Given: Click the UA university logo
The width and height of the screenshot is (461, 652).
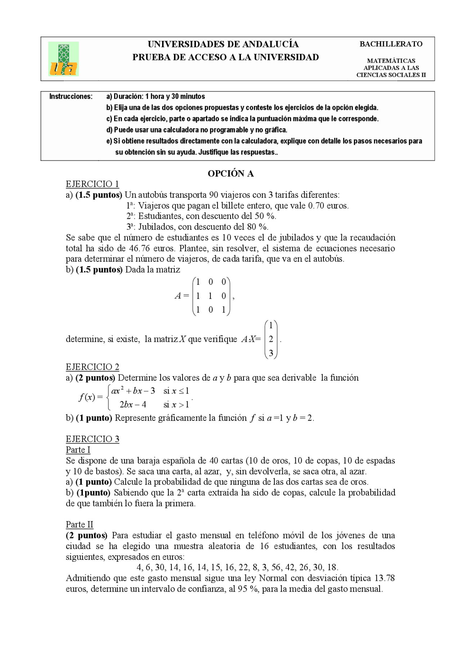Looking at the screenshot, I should pos(63,59).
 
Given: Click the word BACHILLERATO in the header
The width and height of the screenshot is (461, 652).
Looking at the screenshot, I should pos(391,44).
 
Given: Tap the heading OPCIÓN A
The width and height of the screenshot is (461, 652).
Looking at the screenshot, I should pos(230,174).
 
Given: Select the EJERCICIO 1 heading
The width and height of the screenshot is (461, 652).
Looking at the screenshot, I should pos(92,184).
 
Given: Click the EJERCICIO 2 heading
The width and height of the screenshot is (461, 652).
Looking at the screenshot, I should pos(92,367).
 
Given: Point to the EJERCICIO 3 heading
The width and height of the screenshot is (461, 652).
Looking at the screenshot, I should pos(92,439).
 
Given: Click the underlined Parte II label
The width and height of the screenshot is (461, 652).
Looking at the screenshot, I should pos(79,525).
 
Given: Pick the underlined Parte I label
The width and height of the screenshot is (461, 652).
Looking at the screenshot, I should pos(78,450).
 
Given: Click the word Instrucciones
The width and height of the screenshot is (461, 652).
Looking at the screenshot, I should pos(71,96).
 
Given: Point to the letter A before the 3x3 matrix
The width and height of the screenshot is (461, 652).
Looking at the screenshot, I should pos(178,296).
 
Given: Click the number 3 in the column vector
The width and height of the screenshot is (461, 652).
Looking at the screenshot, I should pos(271,353).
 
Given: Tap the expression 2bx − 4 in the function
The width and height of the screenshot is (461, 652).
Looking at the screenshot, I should pos(133,405).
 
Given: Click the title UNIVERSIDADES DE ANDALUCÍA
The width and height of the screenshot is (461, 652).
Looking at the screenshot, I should pos(223,44).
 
